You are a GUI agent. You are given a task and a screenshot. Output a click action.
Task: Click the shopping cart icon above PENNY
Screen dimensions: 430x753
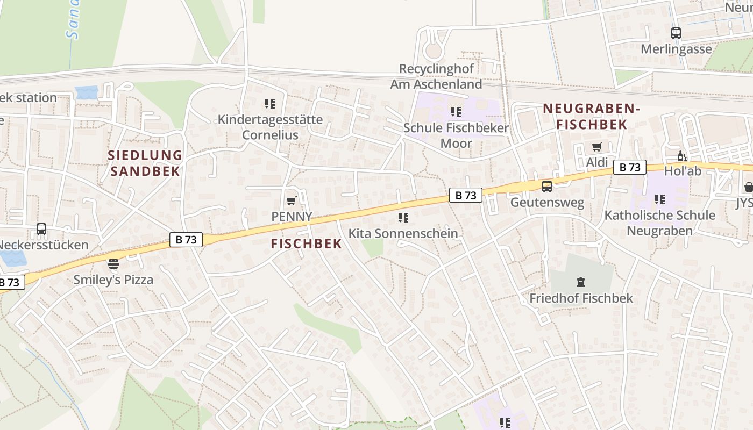(291, 201)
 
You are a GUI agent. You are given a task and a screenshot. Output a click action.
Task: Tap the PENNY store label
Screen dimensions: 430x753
(292, 217)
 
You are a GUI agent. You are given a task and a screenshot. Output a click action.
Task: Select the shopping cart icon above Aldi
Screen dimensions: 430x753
(596, 147)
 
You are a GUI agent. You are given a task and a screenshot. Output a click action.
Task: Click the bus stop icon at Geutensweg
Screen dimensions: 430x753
(546, 187)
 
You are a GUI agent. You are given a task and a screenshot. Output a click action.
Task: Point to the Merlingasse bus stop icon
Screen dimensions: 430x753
(676, 33)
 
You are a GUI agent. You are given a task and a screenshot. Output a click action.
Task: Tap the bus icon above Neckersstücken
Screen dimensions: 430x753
(41, 229)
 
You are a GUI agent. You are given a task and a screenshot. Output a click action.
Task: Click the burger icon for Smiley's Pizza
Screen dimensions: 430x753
(113, 264)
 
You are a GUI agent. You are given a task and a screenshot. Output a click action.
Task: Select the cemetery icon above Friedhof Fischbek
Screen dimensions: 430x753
(580, 282)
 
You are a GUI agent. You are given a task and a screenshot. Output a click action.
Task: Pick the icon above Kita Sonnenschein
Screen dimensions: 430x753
(403, 218)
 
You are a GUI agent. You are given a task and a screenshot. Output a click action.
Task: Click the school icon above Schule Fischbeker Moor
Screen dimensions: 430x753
(456, 112)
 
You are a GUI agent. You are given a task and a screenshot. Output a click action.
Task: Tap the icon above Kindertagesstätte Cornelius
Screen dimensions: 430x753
(269, 103)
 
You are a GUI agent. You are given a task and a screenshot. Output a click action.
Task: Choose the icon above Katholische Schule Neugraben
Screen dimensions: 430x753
(659, 199)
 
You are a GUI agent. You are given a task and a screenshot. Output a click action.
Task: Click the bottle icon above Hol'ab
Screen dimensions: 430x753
(682, 156)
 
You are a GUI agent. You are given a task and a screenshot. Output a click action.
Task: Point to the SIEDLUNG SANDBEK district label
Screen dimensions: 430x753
(145, 163)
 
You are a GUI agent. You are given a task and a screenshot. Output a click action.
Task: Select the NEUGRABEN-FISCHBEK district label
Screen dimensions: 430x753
(591, 116)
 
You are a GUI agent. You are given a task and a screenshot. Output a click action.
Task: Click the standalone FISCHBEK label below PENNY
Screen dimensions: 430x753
(306, 243)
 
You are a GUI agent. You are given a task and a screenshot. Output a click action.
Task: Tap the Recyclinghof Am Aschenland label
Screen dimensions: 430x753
(436, 76)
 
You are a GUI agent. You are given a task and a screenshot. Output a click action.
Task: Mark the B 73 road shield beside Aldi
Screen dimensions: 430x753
(629, 167)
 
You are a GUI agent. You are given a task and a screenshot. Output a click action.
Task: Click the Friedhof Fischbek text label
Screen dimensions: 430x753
(581, 298)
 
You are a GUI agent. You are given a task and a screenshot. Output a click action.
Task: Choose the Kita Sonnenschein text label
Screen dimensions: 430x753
(403, 233)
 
